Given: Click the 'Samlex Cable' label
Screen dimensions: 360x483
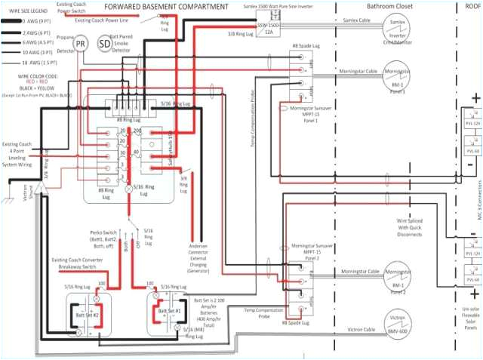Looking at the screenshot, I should click(x=352, y=22).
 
